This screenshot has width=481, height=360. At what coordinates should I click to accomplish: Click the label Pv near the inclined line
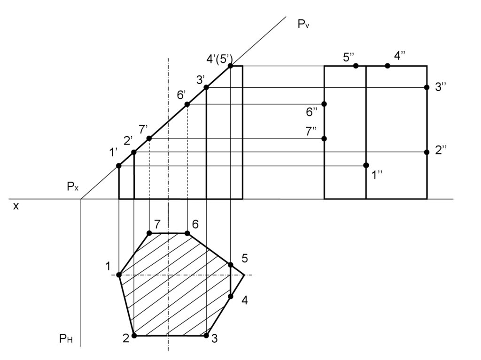[x=303, y=24]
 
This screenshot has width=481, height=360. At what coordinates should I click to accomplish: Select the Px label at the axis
[x=72, y=187]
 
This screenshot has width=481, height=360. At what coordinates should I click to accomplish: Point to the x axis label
[x=16, y=206]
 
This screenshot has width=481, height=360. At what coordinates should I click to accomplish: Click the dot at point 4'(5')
[x=231, y=66]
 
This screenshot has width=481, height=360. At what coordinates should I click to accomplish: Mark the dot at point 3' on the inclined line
[x=206, y=87]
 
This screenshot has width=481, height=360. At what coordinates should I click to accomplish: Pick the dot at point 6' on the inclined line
[x=187, y=104]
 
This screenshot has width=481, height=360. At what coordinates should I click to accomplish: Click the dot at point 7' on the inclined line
[x=149, y=138]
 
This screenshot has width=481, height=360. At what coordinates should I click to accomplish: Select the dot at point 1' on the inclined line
[x=119, y=166]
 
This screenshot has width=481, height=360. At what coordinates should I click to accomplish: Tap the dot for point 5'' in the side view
[x=356, y=66]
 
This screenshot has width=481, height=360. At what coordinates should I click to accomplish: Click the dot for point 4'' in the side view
[x=387, y=66]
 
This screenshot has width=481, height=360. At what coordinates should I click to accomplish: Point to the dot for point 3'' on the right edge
[x=427, y=87]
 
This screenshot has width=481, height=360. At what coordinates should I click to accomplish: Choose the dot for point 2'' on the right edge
[x=427, y=152]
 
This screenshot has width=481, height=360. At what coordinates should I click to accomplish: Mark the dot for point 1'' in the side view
[x=366, y=165]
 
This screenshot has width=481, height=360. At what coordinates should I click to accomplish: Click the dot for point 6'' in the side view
[x=324, y=104]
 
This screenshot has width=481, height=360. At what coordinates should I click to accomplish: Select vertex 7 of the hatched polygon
[x=149, y=233]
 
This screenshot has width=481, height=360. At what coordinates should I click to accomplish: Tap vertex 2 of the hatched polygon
[x=134, y=336]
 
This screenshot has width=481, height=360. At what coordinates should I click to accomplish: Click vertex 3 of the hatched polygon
[x=206, y=336]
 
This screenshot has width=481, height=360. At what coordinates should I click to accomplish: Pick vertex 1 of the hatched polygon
[x=119, y=275]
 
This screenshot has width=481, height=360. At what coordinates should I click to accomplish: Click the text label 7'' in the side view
[x=311, y=131]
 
